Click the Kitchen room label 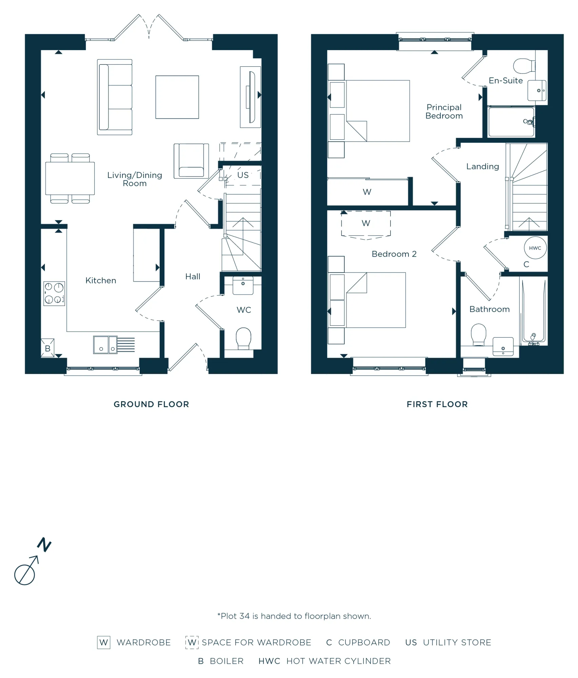(101, 280)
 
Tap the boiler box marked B (47, 348)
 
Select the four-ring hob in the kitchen (54, 294)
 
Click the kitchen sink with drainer (114, 345)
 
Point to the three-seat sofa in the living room (115, 97)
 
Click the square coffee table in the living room (177, 97)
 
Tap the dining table (70, 178)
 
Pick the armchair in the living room (191, 161)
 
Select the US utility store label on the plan (243, 175)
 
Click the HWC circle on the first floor (535, 248)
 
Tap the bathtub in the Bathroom (534, 311)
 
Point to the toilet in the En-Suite (524, 66)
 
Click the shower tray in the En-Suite (511, 122)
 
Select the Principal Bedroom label (444, 112)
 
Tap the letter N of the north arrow (44, 545)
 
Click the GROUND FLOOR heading (151, 404)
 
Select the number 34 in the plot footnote (245, 616)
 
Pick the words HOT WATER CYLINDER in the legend (339, 661)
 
